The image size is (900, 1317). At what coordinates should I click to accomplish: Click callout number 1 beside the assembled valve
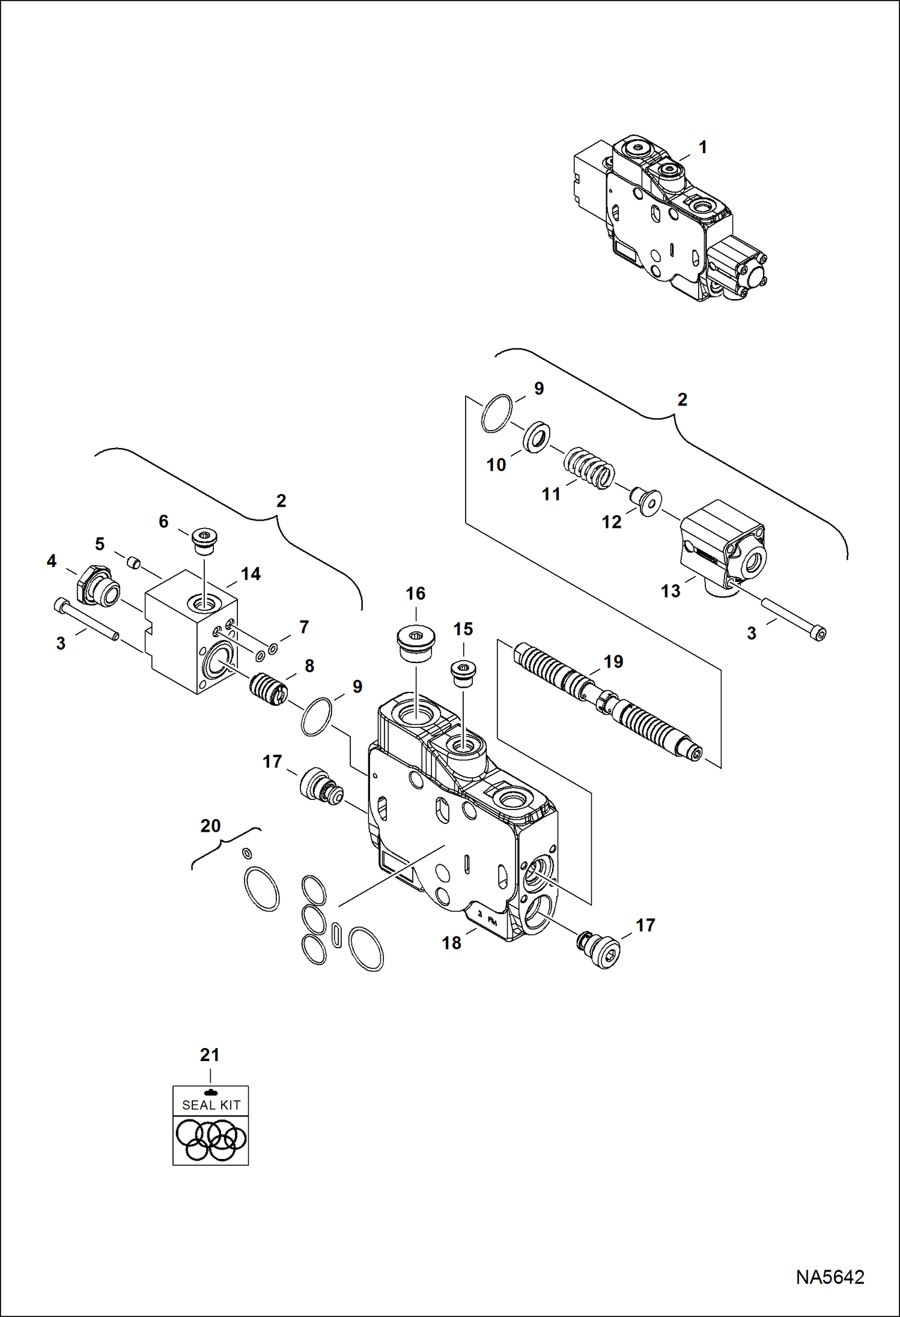coord(702,147)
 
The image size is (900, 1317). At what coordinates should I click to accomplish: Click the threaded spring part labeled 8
coord(269,690)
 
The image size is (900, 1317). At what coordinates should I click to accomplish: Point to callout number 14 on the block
coord(251,574)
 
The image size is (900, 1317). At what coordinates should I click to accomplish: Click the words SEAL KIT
coord(211,1105)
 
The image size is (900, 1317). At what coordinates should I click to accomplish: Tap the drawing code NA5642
coord(830,1277)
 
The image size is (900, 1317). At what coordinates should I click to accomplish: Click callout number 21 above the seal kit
coord(210,1055)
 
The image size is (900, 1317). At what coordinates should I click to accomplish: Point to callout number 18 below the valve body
coord(452,943)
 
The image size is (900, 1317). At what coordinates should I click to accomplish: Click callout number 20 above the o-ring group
coord(210,826)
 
